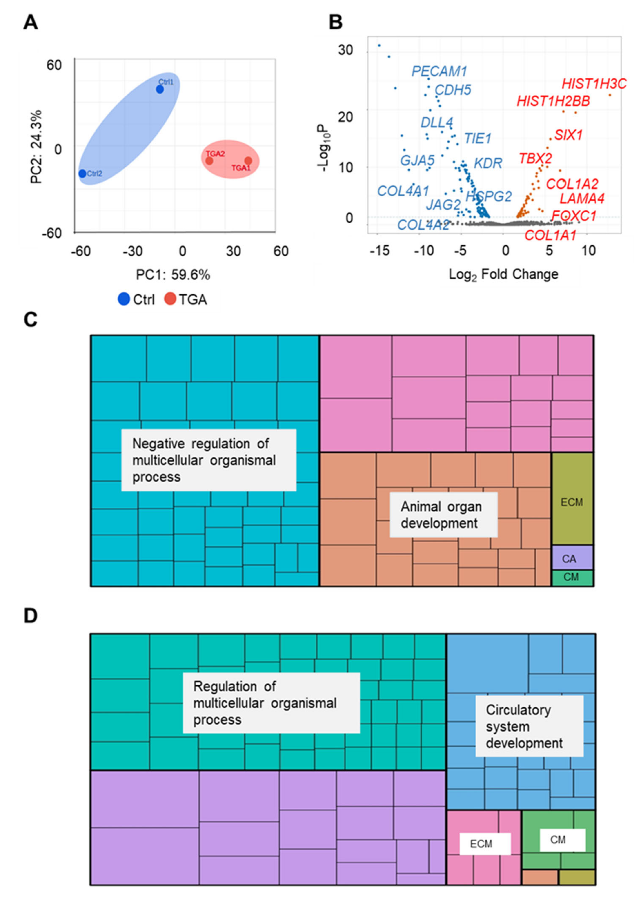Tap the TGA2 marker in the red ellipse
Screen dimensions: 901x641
pyautogui.click(x=209, y=161)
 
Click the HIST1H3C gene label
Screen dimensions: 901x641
pyautogui.click(x=594, y=84)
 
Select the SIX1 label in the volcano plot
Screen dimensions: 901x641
pyautogui.click(x=568, y=135)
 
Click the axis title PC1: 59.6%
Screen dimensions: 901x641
pyautogui.click(x=173, y=275)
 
